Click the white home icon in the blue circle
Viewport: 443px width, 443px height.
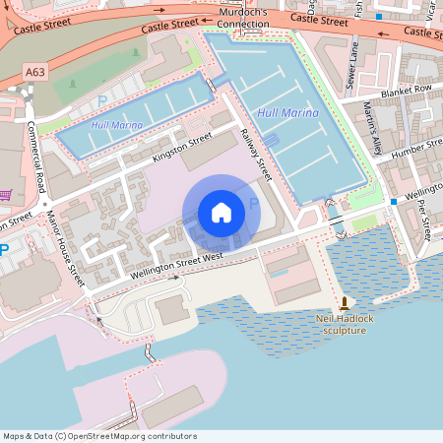(x=221, y=212)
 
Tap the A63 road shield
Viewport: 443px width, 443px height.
(x=35, y=73)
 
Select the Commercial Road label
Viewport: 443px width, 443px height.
(x=37, y=157)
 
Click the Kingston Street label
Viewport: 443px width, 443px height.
(x=182, y=151)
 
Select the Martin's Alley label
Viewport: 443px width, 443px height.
(x=372, y=129)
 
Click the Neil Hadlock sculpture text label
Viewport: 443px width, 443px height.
(x=341, y=324)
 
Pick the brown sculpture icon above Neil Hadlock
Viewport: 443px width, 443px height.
(x=344, y=303)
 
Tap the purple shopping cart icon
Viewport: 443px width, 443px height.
(x=5, y=195)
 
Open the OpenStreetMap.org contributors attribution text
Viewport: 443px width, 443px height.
(x=98, y=436)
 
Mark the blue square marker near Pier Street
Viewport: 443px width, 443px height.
(x=393, y=201)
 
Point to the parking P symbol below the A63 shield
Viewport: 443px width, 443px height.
(x=101, y=100)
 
